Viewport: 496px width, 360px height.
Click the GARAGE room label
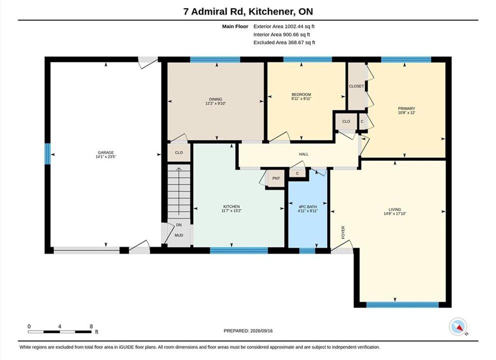point(106,152)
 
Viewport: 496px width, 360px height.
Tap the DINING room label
point(215,99)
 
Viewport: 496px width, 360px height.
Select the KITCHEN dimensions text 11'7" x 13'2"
point(232,210)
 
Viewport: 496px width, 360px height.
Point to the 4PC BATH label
point(308,206)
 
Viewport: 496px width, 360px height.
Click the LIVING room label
point(395,209)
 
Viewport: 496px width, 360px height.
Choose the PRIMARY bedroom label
point(407,108)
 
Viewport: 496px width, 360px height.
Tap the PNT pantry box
point(276,178)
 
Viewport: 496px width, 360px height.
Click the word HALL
point(304,154)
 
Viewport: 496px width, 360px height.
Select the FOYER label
point(343,232)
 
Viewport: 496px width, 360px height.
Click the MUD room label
point(179,235)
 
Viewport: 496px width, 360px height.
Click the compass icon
point(458,326)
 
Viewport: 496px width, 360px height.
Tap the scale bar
point(60,332)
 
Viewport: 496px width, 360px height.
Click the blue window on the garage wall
point(47,154)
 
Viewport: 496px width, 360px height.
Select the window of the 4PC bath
point(307,251)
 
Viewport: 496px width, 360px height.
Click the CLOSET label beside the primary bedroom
point(357,86)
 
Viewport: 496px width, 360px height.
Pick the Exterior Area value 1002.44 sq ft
point(300,26)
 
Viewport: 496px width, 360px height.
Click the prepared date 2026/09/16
point(261,331)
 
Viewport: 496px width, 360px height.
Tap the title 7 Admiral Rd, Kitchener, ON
point(248,11)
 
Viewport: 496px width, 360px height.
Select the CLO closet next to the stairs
point(179,152)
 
